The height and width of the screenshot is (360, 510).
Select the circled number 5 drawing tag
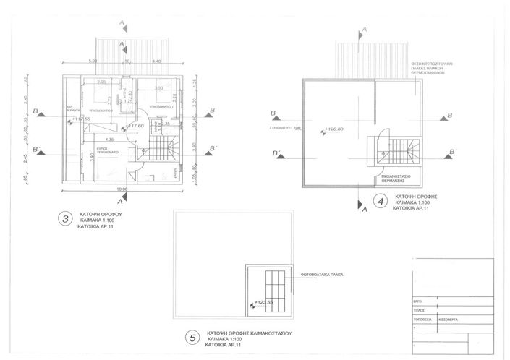coord(191,337)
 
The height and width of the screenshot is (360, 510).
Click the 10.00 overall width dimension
coord(123,189)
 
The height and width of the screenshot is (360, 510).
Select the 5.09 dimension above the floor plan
coord(93,62)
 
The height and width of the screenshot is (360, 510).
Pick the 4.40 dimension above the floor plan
coord(156,62)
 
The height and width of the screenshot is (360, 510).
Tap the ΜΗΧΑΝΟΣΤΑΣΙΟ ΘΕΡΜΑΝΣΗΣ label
coord(399,179)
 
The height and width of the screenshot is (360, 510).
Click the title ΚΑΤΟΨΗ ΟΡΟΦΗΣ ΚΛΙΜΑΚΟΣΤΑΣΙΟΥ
coord(248,334)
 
